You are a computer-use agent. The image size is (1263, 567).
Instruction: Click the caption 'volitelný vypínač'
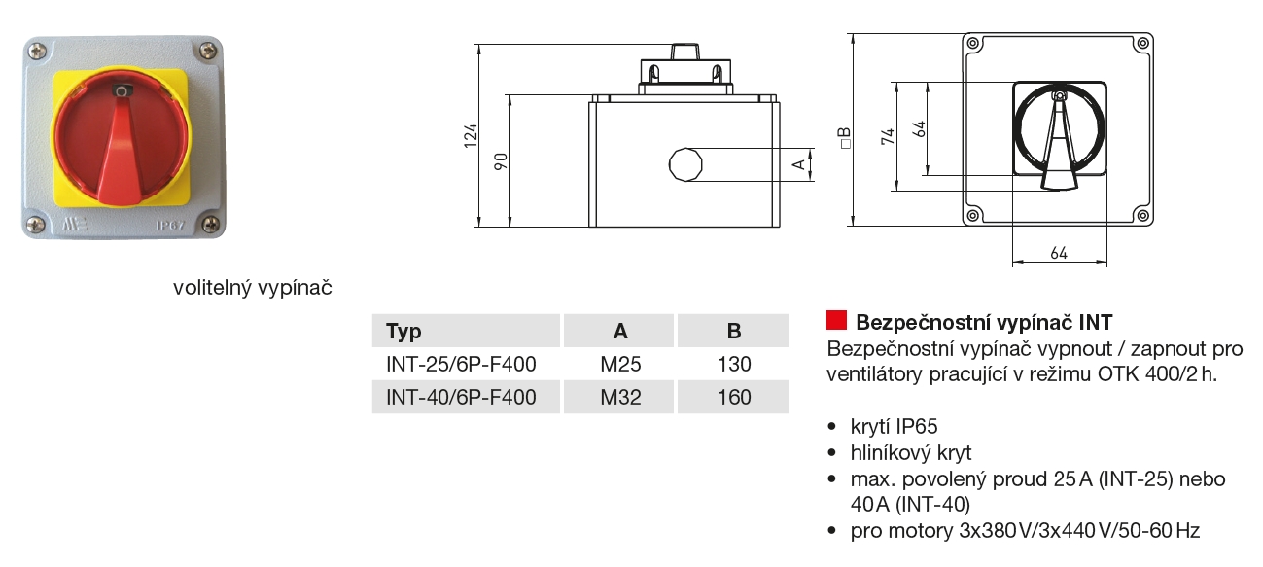[253, 288]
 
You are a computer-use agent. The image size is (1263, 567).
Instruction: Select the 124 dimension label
[469, 135]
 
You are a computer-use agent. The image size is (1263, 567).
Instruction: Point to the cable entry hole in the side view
[685, 164]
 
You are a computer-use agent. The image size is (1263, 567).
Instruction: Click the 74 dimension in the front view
[887, 136]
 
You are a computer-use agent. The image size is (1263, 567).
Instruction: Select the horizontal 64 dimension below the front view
[1059, 253]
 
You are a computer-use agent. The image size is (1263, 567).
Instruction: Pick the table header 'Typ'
[404, 331]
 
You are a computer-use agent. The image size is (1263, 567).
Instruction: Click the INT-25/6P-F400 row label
[461, 365]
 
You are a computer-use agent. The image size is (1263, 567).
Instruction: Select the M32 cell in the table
[620, 397]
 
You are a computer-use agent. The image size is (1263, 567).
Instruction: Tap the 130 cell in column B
[734, 365]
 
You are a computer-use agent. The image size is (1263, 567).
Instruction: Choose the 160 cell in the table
[734, 397]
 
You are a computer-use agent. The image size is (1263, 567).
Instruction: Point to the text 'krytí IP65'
[894, 426]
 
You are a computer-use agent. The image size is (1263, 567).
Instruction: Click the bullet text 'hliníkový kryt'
[911, 452]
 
